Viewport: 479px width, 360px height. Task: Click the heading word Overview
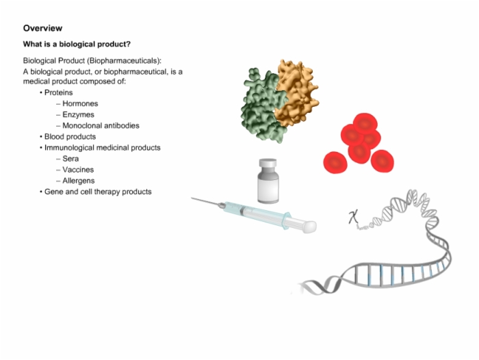tap(42, 28)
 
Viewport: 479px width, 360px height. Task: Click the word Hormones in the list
tap(80, 103)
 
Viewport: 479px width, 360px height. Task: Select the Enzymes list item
tap(78, 114)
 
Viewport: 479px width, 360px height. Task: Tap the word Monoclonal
tap(81, 126)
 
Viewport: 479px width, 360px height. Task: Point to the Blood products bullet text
tap(70, 137)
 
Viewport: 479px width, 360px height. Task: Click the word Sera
tap(70, 159)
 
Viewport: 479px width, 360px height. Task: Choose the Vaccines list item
tap(78, 170)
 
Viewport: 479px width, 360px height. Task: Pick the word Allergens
tap(79, 181)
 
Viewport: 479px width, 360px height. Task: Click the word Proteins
tap(58, 92)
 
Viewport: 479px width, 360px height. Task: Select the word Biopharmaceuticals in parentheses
tap(124, 61)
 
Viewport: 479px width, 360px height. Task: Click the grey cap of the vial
tap(268, 163)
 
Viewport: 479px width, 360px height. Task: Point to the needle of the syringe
tap(205, 202)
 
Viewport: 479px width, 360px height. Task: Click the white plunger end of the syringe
tap(309, 227)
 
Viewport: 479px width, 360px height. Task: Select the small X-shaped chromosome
tap(354, 217)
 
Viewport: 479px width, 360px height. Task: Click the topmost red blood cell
tap(365, 123)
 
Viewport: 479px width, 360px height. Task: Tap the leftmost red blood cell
tap(335, 163)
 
